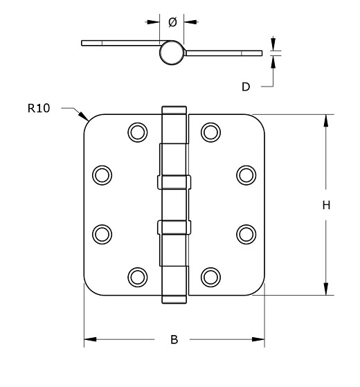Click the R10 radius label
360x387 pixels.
point(39,108)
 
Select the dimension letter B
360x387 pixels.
point(174,340)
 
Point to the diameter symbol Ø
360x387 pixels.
point(172,22)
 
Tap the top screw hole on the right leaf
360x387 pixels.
point(210,132)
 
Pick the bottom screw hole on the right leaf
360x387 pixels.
point(210,277)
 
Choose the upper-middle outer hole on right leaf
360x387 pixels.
point(246,174)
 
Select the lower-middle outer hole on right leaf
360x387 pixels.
point(246,233)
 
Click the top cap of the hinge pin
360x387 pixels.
point(174,110)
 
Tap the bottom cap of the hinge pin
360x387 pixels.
point(174,298)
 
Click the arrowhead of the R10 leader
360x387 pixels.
point(85,117)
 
